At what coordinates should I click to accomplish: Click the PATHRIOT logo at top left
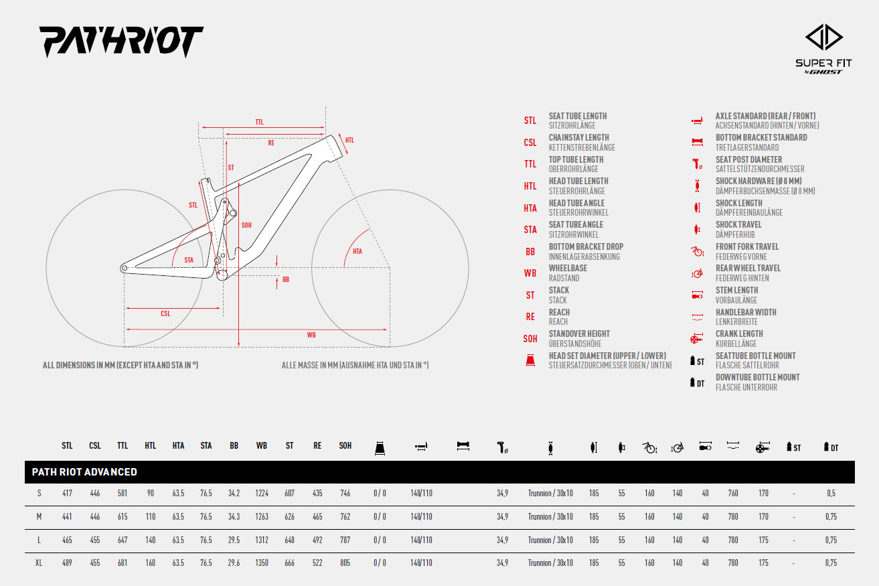(x=121, y=42)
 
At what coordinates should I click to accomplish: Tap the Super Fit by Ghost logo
(x=823, y=49)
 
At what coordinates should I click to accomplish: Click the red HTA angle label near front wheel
(x=357, y=251)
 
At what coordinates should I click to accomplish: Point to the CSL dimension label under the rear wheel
(x=165, y=313)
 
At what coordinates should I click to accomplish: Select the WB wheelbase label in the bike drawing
(x=311, y=335)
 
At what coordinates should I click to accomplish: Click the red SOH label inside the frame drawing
(x=246, y=225)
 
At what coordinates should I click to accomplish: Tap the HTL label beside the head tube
(x=349, y=140)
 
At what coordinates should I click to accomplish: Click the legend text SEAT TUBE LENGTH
(x=578, y=116)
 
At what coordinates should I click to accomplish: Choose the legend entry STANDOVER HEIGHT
(x=579, y=334)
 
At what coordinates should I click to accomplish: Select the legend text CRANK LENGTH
(x=739, y=334)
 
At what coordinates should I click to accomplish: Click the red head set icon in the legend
(x=530, y=360)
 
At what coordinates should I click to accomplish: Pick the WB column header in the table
(x=262, y=445)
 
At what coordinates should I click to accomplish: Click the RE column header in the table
(x=317, y=445)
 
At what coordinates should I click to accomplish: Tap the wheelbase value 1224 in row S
(x=262, y=493)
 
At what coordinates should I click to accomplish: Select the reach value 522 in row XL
(x=317, y=563)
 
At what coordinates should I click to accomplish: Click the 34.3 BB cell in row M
(x=234, y=516)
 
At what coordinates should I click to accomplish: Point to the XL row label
(x=39, y=563)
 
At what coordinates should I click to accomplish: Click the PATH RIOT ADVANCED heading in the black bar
(x=84, y=471)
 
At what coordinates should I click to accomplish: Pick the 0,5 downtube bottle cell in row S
(x=831, y=494)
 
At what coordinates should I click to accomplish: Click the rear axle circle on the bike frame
(x=124, y=269)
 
